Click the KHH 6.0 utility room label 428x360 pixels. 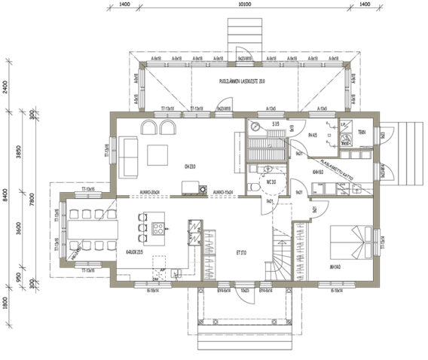(318, 172)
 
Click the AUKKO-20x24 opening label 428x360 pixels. (172, 192)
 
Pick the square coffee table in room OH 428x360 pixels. (159, 156)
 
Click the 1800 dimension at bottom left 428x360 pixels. (7, 303)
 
